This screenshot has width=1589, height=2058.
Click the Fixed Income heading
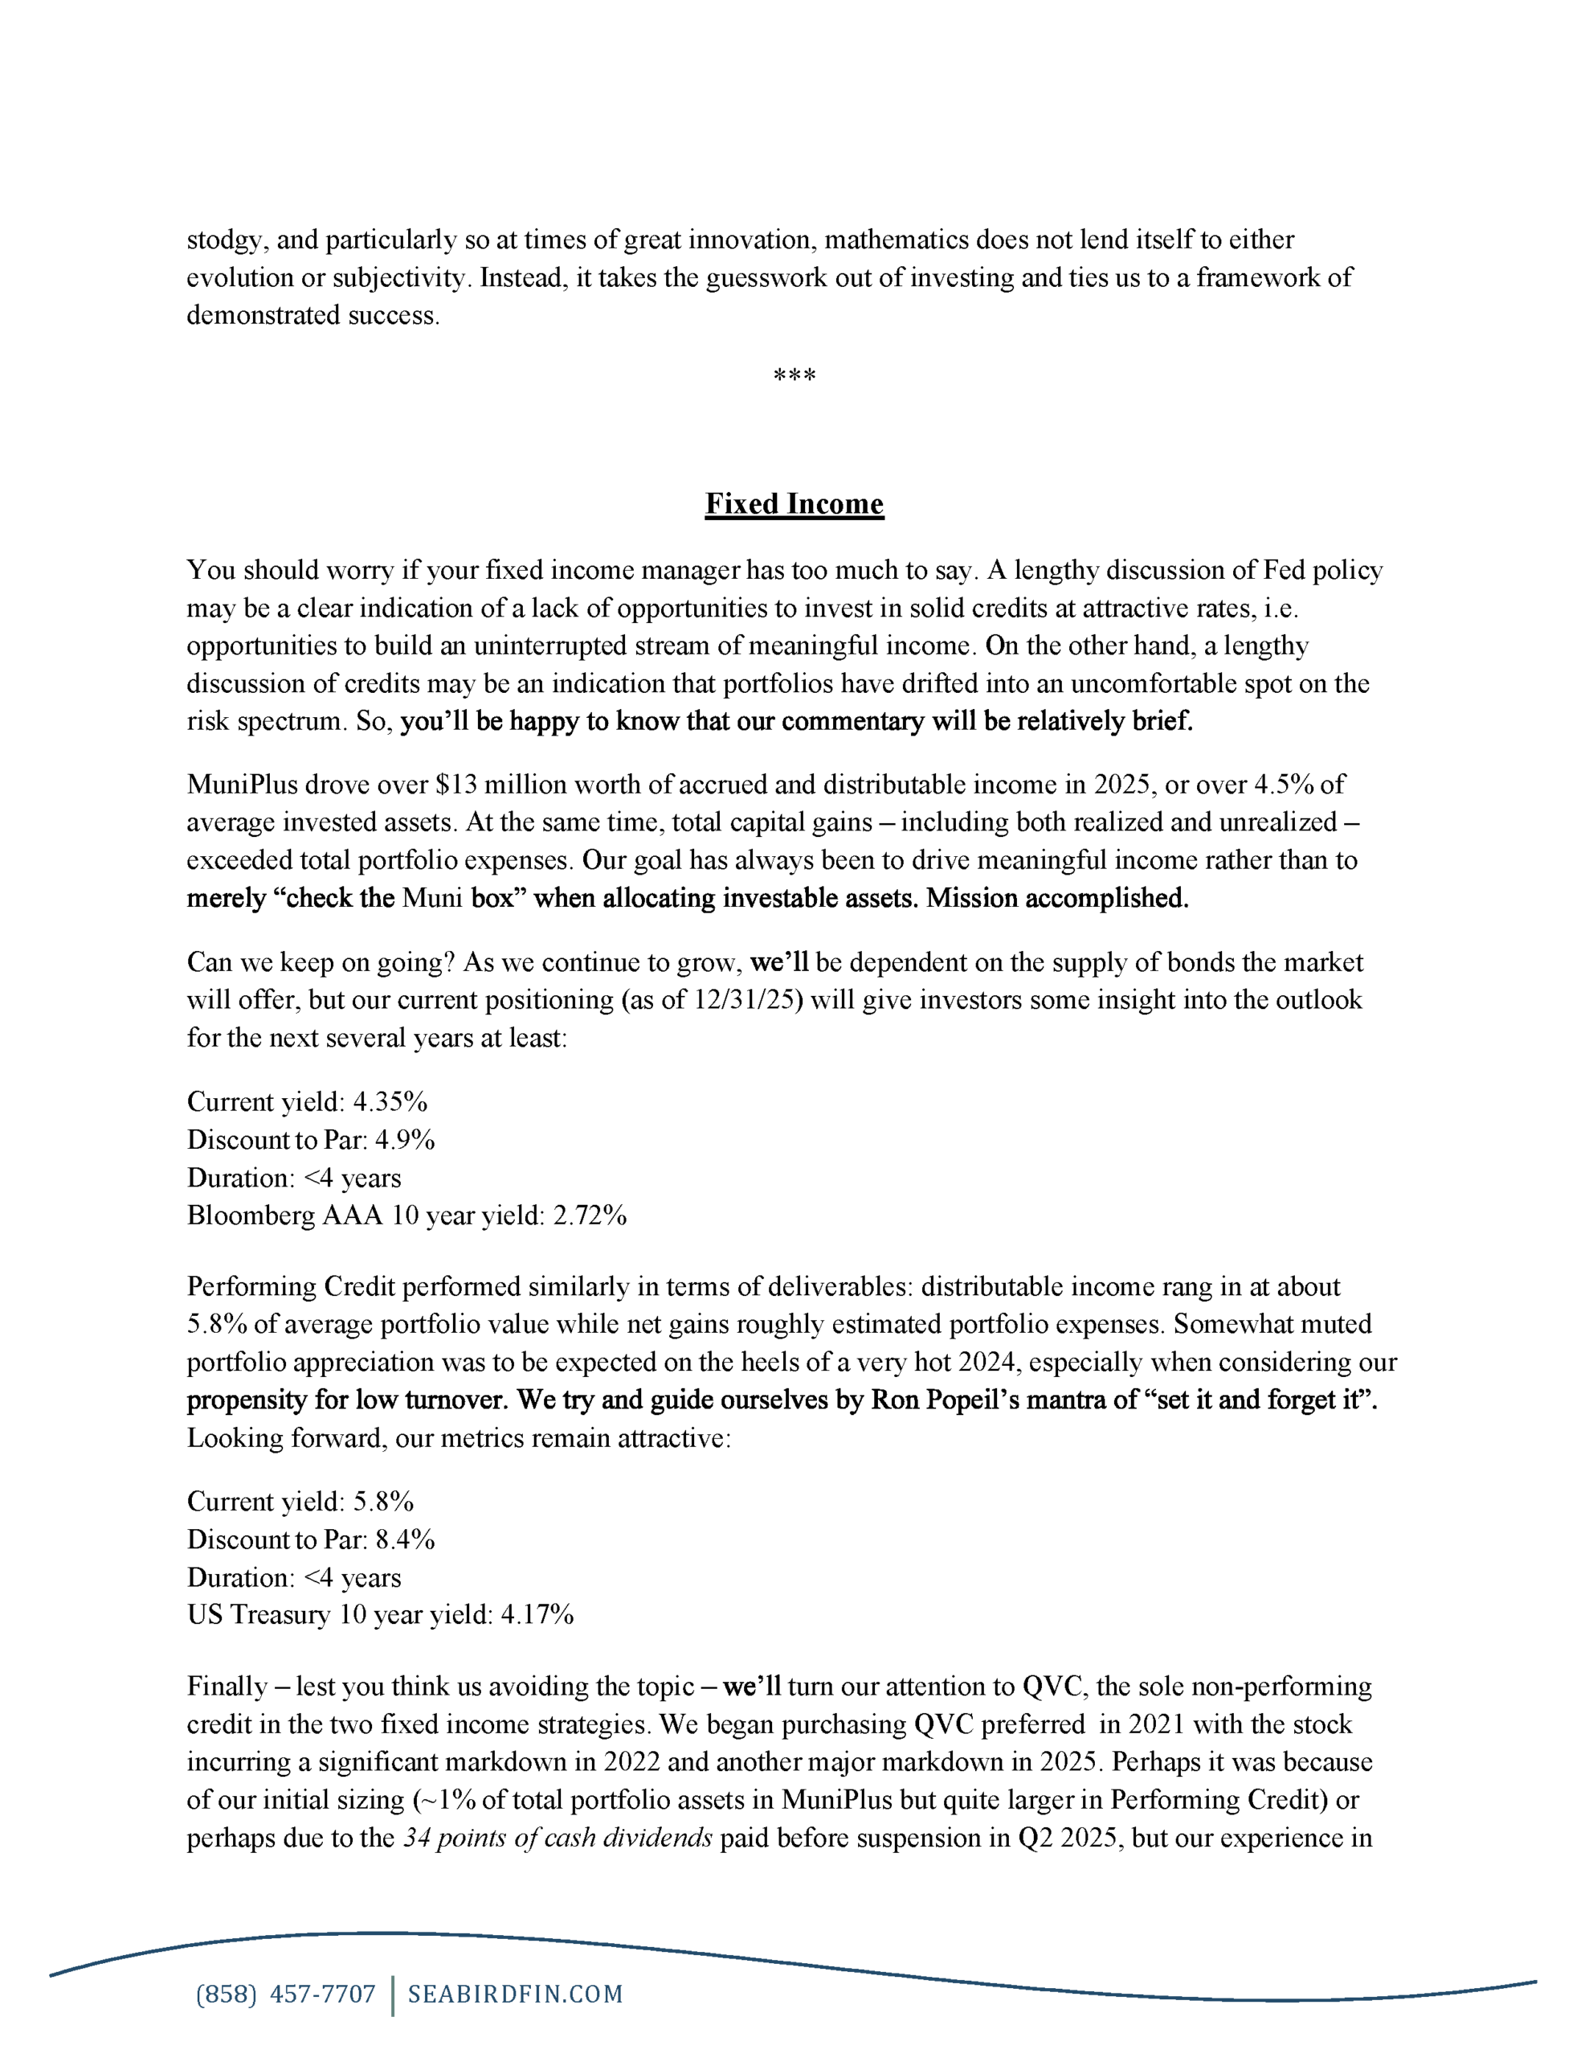pos(794,504)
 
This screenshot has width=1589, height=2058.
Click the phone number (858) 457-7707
pos(285,1994)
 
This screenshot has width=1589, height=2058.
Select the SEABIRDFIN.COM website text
pos(515,1994)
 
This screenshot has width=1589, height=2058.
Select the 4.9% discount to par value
pos(405,1139)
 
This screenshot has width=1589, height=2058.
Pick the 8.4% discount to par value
pos(405,1539)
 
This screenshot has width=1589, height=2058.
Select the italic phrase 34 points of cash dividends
pos(558,1838)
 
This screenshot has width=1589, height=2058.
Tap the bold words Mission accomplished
pos(1057,898)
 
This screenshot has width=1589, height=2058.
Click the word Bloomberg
pos(251,1216)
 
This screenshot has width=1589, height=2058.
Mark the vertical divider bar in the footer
pos(392,1996)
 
